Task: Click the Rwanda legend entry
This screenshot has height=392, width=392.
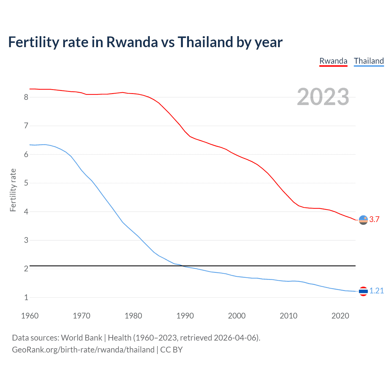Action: (x=333, y=61)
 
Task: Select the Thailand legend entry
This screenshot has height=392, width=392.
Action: (x=369, y=61)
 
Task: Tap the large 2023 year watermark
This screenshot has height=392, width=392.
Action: (x=323, y=97)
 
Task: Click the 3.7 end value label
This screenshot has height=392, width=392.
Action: (x=374, y=219)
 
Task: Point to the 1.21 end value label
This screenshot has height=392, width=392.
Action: (x=376, y=291)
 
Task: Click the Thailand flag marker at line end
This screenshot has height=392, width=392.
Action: (x=363, y=291)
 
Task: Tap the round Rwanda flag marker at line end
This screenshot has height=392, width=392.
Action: (x=363, y=220)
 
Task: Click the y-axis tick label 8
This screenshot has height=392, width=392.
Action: (x=26, y=97)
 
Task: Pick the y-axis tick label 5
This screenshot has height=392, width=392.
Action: (x=26, y=183)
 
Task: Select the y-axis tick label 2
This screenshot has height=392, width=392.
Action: (x=26, y=269)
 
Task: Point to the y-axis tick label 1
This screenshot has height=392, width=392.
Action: (x=26, y=297)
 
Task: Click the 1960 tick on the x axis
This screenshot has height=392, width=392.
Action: (x=30, y=316)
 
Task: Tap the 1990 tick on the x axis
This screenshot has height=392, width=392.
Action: (x=185, y=316)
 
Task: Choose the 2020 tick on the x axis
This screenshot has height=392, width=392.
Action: (x=340, y=316)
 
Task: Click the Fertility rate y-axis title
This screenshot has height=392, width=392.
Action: (x=13, y=190)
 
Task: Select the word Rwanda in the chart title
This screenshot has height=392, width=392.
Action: (x=132, y=42)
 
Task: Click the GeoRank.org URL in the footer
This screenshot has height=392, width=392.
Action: (x=83, y=350)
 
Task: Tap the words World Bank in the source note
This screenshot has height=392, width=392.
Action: (x=81, y=338)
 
